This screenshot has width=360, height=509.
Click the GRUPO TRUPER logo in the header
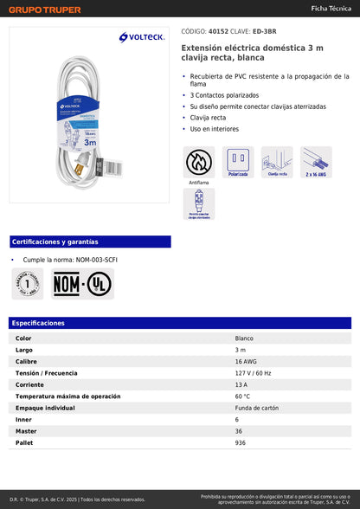45,10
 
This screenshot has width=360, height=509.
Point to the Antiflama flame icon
199,161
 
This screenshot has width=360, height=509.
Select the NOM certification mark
67,284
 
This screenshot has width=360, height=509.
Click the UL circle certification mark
99,284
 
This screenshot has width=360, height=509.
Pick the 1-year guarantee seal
28,284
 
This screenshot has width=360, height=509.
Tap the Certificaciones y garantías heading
55,242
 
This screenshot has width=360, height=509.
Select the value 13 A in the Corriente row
241,384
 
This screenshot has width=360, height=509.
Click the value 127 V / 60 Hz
253,372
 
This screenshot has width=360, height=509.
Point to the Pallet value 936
241,442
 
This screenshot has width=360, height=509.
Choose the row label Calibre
27,361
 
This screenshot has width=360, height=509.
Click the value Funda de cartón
257,408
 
